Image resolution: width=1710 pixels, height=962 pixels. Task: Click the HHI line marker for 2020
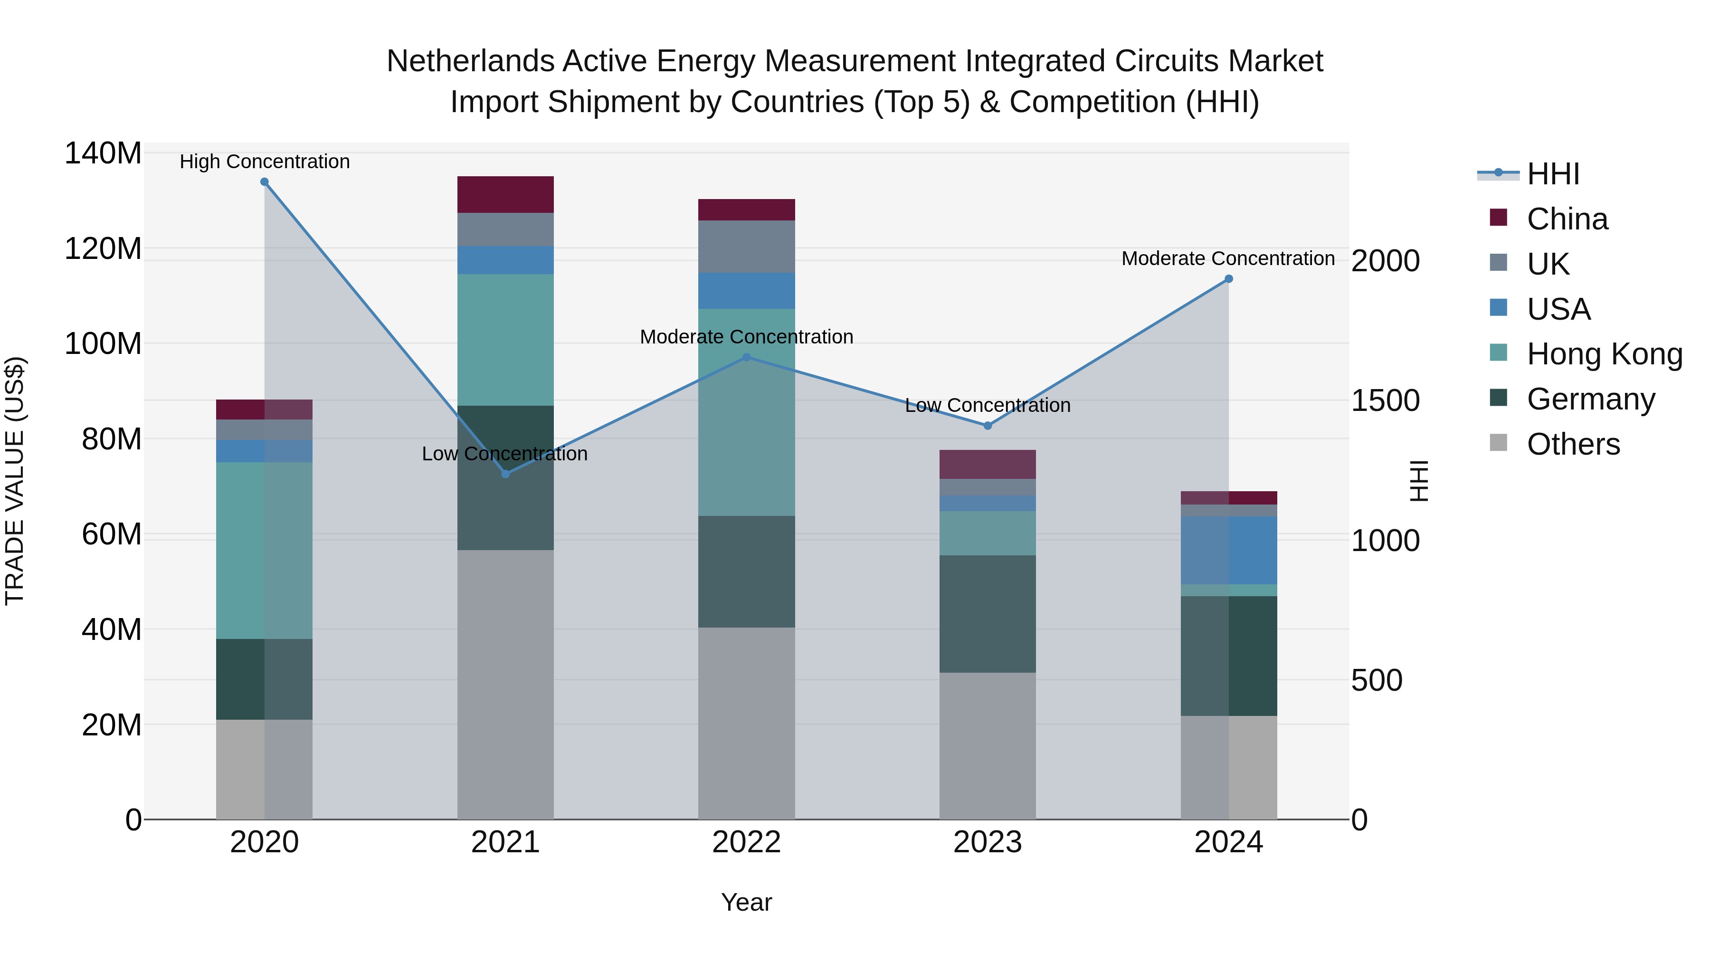264,182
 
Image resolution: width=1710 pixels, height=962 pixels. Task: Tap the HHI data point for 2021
505,474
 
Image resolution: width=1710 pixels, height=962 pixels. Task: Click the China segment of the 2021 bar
505,194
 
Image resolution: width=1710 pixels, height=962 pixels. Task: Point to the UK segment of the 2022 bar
746,246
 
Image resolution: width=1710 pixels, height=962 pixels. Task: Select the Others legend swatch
1498,443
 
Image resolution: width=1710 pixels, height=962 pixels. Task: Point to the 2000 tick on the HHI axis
1386,261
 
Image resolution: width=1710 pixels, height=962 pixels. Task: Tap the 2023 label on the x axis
987,842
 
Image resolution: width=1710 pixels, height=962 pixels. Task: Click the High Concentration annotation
264,162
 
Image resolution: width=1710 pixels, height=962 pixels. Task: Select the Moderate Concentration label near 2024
1228,258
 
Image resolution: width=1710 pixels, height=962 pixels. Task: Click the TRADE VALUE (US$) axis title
15,481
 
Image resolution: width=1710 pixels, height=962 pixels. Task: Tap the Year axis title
746,902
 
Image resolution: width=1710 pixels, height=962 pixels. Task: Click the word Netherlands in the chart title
470,61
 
